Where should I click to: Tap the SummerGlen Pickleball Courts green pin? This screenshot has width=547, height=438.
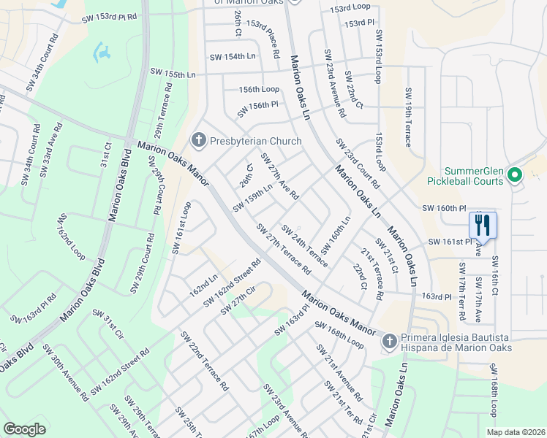pyautogui.click(x=514, y=174)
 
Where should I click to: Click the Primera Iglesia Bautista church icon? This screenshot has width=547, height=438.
pyautogui.click(x=390, y=340)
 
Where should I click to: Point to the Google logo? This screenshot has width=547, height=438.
pyautogui.click(x=24, y=429)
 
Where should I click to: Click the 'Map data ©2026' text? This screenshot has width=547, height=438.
pyautogui.click(x=516, y=432)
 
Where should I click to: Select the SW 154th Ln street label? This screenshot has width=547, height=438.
pyautogui.click(x=233, y=56)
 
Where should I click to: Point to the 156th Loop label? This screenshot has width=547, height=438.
pyautogui.click(x=260, y=89)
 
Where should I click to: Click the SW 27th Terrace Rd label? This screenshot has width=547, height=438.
pyautogui.click(x=284, y=249)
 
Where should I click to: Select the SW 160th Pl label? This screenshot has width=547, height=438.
pyautogui.click(x=444, y=208)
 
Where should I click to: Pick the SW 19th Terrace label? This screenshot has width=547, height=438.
pyautogui.click(x=407, y=118)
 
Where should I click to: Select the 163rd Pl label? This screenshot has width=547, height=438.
pyautogui.click(x=437, y=296)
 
